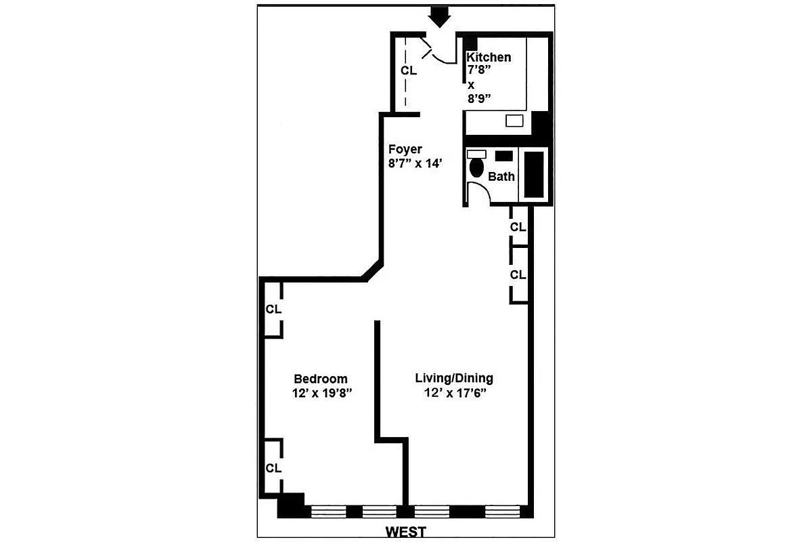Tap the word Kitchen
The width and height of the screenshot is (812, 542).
pos(489,58)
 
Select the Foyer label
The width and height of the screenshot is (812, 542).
pos(405,149)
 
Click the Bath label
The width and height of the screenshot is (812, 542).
pos(501,177)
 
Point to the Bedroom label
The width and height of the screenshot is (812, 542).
pos(320,379)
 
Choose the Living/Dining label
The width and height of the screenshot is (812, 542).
pos(454,378)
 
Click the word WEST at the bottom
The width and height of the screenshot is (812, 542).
pos(406,532)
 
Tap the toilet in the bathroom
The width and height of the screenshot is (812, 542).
pos(476,168)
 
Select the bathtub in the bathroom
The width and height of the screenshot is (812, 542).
pos(535,174)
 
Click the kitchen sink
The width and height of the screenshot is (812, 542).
pos(514,121)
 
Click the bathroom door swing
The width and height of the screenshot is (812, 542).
pos(477,194)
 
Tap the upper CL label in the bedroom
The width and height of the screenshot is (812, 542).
pos(273,310)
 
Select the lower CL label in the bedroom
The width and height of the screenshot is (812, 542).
pos(273,468)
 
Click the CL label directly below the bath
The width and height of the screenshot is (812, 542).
pos(518,228)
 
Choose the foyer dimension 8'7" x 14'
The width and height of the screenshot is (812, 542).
pos(415,163)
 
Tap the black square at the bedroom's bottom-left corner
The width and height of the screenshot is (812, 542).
pos(292,505)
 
